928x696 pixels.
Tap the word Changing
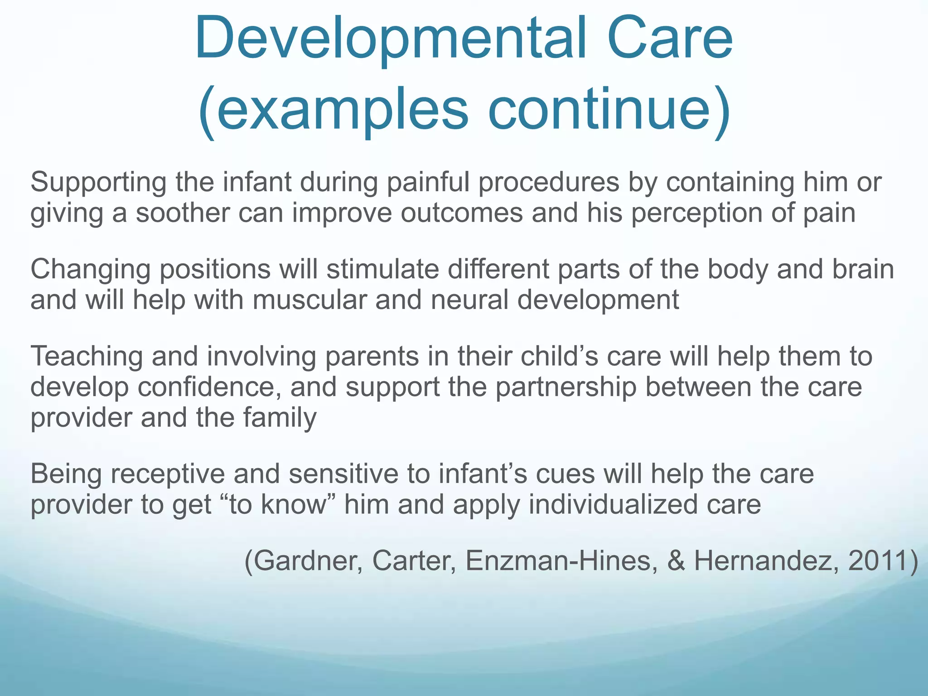[x=90, y=270]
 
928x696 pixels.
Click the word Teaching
[x=87, y=357]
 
